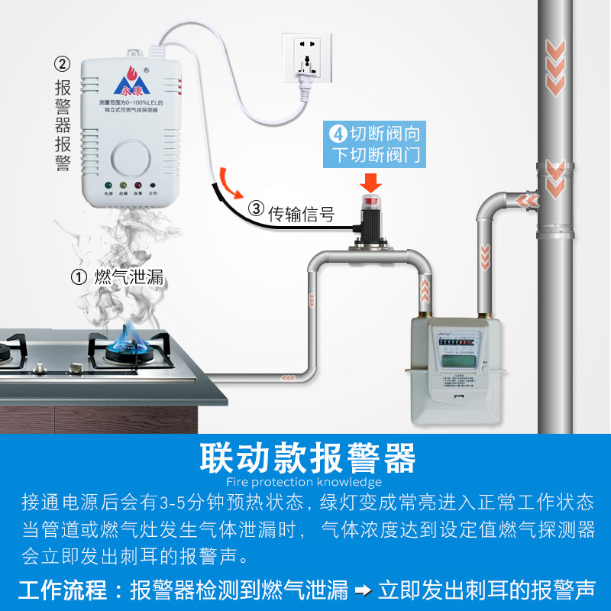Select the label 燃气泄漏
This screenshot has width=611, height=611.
point(128,276)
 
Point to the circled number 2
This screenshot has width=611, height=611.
point(63,62)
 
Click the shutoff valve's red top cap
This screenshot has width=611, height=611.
point(371,203)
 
